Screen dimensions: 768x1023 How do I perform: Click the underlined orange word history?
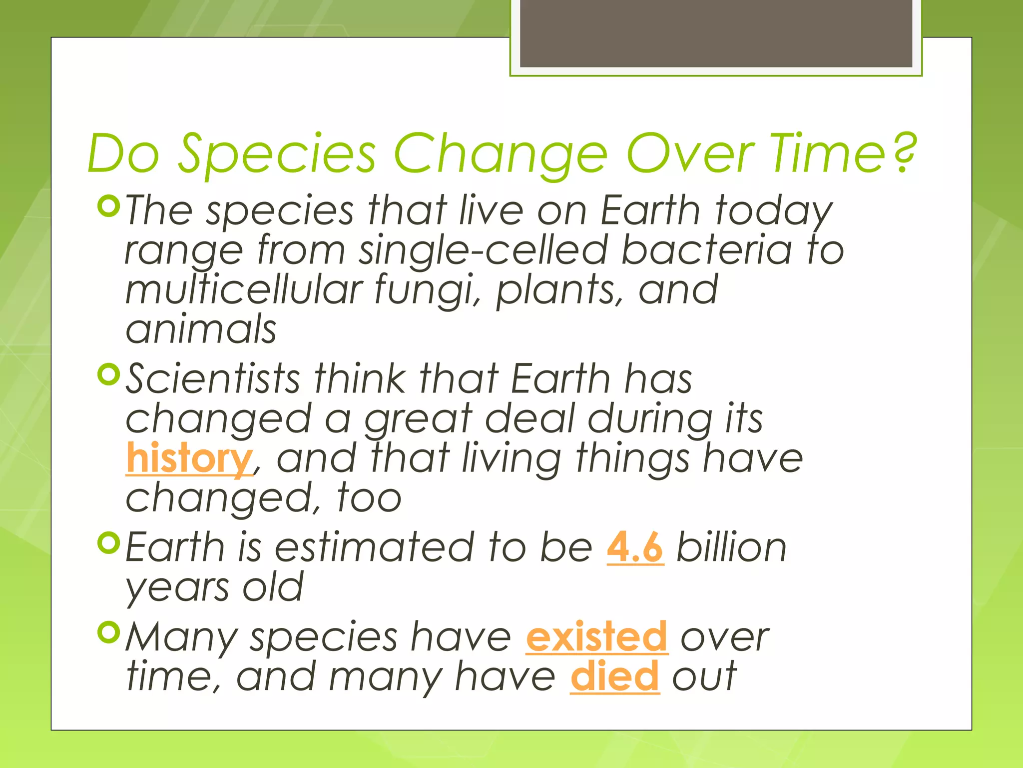pos(189,458)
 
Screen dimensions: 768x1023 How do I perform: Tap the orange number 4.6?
pos(635,547)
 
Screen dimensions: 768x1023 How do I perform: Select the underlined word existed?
pos(596,636)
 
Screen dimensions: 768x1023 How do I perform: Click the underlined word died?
pos(614,676)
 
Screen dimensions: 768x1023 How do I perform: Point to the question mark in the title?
pos(904,152)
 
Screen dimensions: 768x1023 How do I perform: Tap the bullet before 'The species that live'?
pos(109,206)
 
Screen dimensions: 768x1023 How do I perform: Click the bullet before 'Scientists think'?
pos(109,374)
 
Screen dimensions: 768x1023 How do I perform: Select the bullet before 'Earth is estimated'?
pos(109,543)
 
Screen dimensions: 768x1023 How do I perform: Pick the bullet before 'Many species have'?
pos(109,632)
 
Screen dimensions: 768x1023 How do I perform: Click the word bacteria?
pos(706,250)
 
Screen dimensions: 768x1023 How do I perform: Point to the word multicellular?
pos(244,290)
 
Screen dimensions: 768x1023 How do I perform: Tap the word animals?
pos(201,329)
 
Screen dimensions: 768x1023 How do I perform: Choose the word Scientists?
pos(213,378)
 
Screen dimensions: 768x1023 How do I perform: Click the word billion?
pos(731,547)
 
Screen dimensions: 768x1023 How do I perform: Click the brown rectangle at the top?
pos(716,33)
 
